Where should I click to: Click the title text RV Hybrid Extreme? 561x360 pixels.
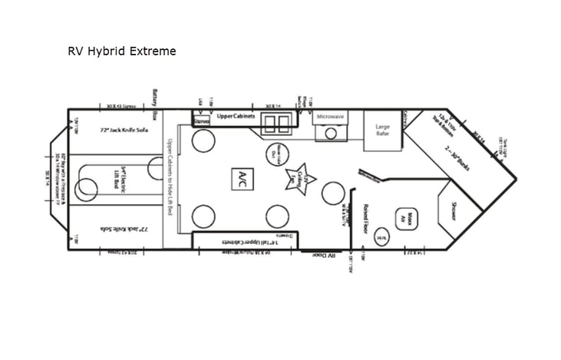click(122, 51)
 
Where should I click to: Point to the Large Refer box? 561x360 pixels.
click(382, 131)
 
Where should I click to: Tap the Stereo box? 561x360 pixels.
click(201, 121)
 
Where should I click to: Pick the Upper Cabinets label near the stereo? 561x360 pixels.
click(235, 116)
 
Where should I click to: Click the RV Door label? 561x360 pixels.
click(325, 254)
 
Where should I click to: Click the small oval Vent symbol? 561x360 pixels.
click(381, 237)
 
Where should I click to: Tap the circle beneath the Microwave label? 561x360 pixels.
click(332, 133)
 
